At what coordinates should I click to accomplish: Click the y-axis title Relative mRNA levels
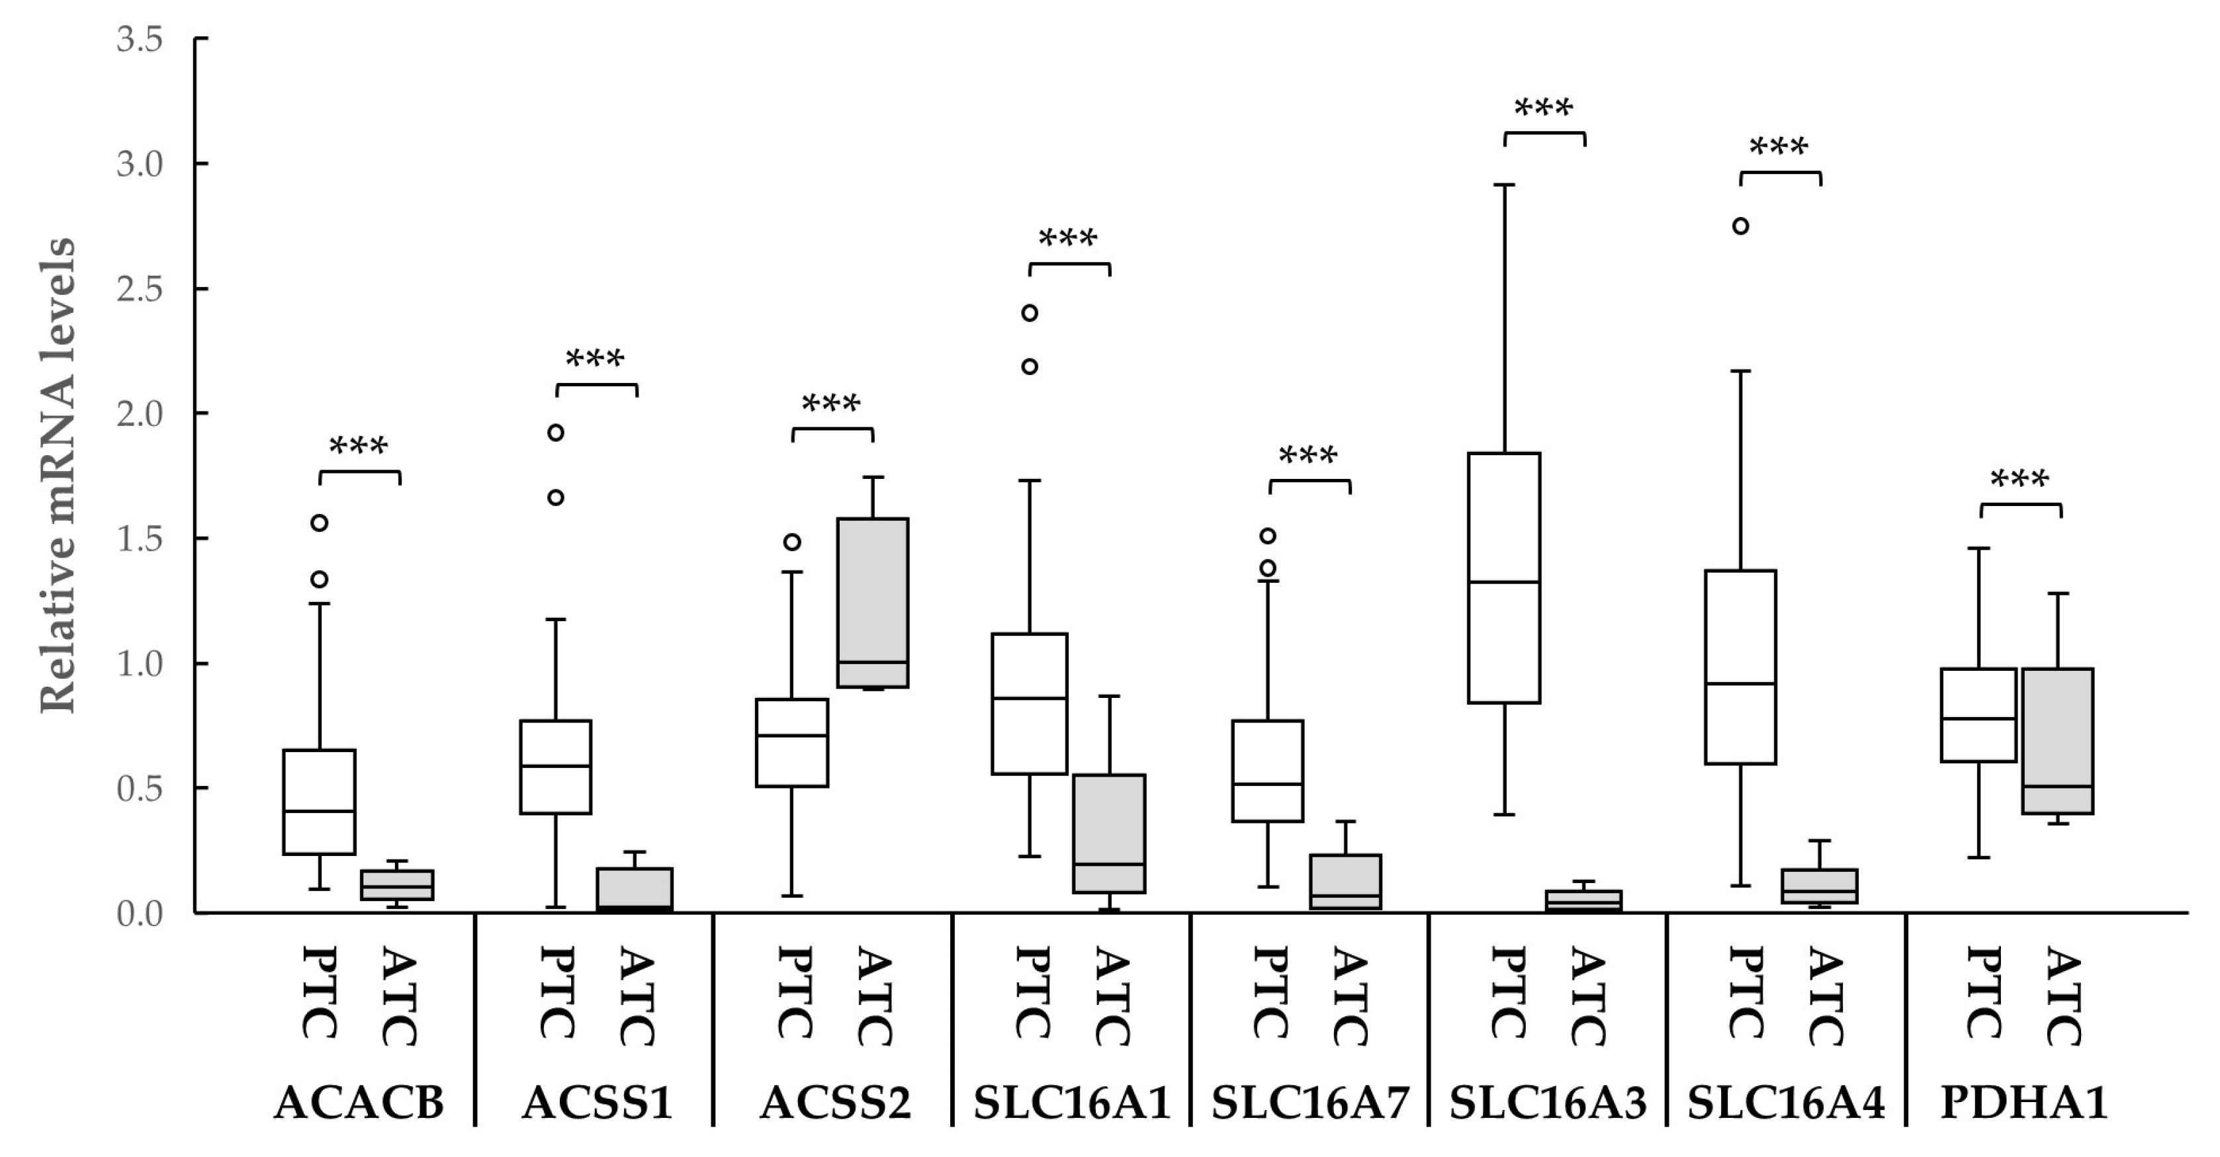[x=59, y=476]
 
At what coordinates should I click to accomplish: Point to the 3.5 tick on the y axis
[x=140, y=40]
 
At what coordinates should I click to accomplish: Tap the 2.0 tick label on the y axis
[x=140, y=414]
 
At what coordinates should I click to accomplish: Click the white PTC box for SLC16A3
[x=1504, y=578]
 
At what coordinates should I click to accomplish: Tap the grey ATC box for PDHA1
[x=2058, y=741]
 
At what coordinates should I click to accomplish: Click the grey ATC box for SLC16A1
[x=1109, y=833]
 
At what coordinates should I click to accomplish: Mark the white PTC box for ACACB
[x=320, y=801]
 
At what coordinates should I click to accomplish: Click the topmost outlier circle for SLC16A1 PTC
[x=1030, y=313]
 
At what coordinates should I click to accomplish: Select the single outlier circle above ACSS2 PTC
[x=792, y=542]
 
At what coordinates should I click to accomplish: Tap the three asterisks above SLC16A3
[x=1544, y=109]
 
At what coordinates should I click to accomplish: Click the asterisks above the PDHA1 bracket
[x=2020, y=480]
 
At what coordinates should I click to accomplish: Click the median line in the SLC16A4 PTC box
[x=1741, y=684]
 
